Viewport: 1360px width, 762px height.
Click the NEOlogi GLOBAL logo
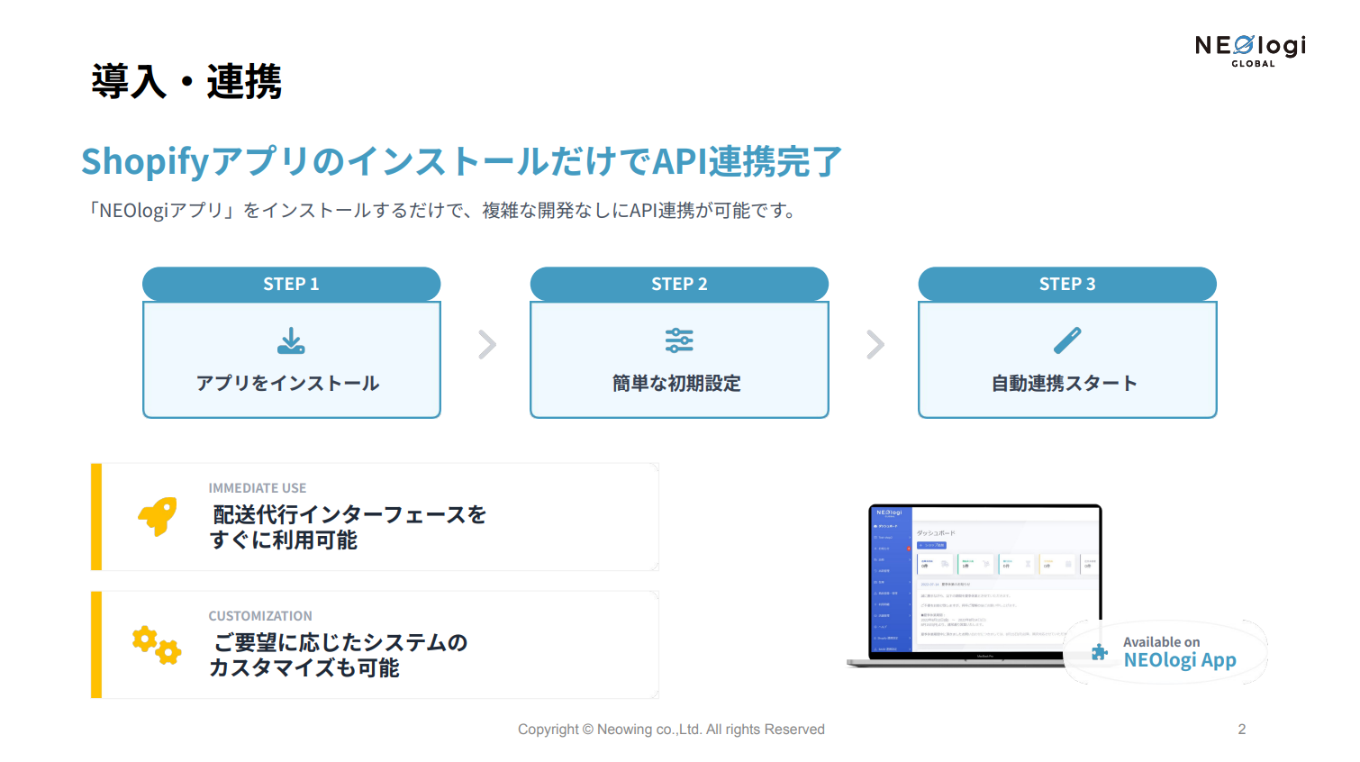pos(1250,50)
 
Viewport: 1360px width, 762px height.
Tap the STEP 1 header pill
pos(291,284)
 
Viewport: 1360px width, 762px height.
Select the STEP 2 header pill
pos(679,284)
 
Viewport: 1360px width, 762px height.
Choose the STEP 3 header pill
pos(1067,284)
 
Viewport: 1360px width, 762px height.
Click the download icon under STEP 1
pos(291,341)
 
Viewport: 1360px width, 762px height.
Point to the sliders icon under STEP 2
pos(679,340)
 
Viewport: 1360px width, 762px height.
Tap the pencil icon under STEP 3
pos(1067,340)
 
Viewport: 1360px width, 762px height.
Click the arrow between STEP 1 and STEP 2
pos(487,344)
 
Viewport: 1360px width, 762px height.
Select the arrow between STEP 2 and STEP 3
pos(875,344)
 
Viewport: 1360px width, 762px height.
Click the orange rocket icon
pos(158,516)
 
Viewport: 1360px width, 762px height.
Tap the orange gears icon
pos(157,645)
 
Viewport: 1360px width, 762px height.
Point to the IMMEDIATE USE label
pos(258,488)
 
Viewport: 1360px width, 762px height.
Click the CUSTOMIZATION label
pos(260,616)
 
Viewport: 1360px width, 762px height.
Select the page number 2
pos(1242,730)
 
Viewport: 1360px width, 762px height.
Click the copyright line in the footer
pos(671,730)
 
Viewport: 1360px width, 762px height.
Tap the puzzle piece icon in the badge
pos(1100,652)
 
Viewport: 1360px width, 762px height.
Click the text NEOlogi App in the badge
pos(1180,660)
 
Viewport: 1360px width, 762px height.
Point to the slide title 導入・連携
pos(186,82)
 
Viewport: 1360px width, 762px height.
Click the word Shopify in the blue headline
pos(145,162)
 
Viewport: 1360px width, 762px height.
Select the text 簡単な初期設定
pos(676,384)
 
